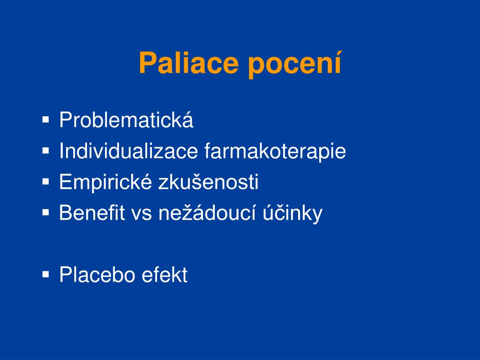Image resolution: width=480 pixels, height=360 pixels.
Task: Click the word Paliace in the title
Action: [x=188, y=63]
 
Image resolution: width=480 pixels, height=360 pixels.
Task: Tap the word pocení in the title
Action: [x=294, y=65]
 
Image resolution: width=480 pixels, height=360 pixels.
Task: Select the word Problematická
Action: [x=126, y=120]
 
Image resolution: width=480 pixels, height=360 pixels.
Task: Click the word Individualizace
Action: [x=128, y=150]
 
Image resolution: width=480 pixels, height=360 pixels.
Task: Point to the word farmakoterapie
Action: [x=275, y=151]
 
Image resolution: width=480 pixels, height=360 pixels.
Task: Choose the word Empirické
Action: [x=105, y=182]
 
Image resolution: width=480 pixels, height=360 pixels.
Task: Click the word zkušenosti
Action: [x=208, y=181]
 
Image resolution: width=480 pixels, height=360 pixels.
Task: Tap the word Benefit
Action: [x=92, y=212]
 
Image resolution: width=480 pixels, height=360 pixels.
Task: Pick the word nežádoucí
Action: [x=207, y=212]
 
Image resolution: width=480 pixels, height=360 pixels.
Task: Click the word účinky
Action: [x=292, y=213]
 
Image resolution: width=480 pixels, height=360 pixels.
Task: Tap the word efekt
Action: [x=165, y=275]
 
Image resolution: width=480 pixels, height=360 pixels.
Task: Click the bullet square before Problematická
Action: [x=45, y=120]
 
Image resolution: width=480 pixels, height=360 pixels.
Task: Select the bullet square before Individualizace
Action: [x=45, y=150]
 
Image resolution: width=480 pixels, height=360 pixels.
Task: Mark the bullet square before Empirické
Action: [x=45, y=181]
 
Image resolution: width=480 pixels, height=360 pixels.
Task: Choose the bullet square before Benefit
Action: [x=45, y=212]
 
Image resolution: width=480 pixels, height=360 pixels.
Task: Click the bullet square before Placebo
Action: [x=45, y=274]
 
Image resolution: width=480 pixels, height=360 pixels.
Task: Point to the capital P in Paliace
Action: [x=148, y=63]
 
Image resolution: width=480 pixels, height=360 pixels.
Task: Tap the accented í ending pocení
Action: [x=337, y=62]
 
